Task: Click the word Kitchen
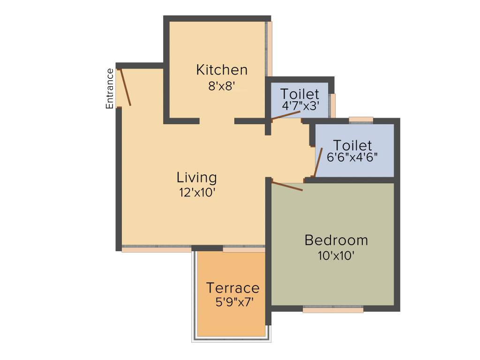pyautogui.click(x=222, y=70)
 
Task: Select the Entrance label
pyautogui.click(x=110, y=89)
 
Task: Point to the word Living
pyautogui.click(x=197, y=178)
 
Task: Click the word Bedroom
pyautogui.click(x=336, y=240)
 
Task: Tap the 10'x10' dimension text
pyautogui.click(x=335, y=256)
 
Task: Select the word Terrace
pyautogui.click(x=233, y=288)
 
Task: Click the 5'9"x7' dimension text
pyautogui.click(x=234, y=302)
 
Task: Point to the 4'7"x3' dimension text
pyautogui.click(x=300, y=106)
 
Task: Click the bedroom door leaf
pyautogui.click(x=287, y=186)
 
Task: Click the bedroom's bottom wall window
pyautogui.click(x=333, y=310)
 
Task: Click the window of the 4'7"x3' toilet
pyautogui.click(x=333, y=105)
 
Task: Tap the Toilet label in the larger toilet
pyautogui.click(x=352, y=145)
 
